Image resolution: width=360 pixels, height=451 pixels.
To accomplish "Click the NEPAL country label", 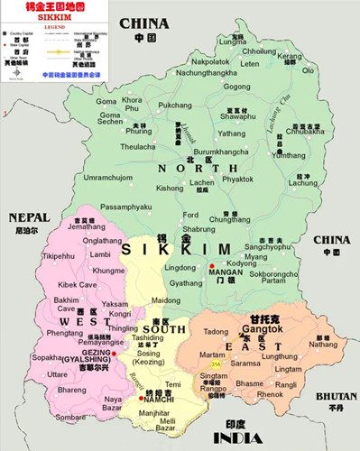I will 27,217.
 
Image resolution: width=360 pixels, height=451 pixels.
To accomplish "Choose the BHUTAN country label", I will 331,396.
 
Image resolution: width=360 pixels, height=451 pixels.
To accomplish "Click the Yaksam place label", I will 115,305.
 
